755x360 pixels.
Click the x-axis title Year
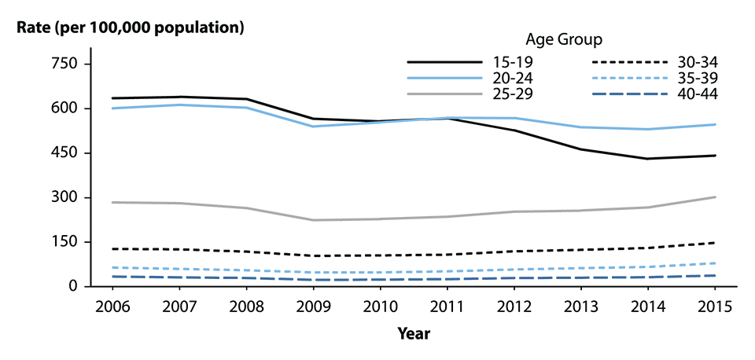pyautogui.click(x=413, y=333)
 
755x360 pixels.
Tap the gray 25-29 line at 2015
pyautogui.click(x=716, y=197)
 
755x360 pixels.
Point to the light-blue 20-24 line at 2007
pyautogui.click(x=179, y=105)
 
